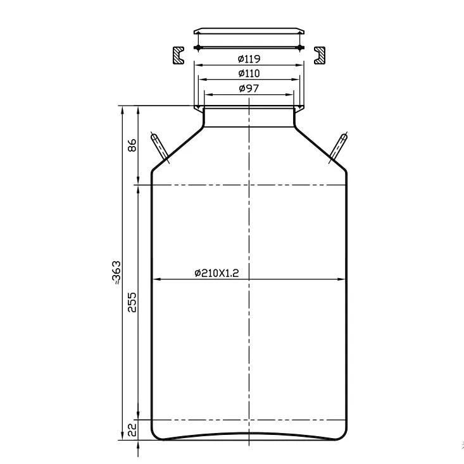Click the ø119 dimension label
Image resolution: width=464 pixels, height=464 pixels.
[249, 59]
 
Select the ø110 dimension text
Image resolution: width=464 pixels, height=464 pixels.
[249, 74]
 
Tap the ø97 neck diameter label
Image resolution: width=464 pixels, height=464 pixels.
[249, 89]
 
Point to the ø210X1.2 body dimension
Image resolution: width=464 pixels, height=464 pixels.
[220, 272]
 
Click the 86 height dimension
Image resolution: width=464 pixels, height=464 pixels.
[132, 145]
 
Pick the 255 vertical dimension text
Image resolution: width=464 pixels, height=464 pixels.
[132, 302]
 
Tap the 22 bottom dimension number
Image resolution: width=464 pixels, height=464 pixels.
[132, 430]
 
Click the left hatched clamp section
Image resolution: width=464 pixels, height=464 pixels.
[177, 54]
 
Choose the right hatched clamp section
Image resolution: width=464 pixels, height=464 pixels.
[320, 54]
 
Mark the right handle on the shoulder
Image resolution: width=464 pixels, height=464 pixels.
[338, 147]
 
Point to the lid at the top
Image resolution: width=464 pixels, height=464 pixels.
[249, 31]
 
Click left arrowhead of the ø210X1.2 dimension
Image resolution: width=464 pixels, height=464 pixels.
[155, 279]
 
